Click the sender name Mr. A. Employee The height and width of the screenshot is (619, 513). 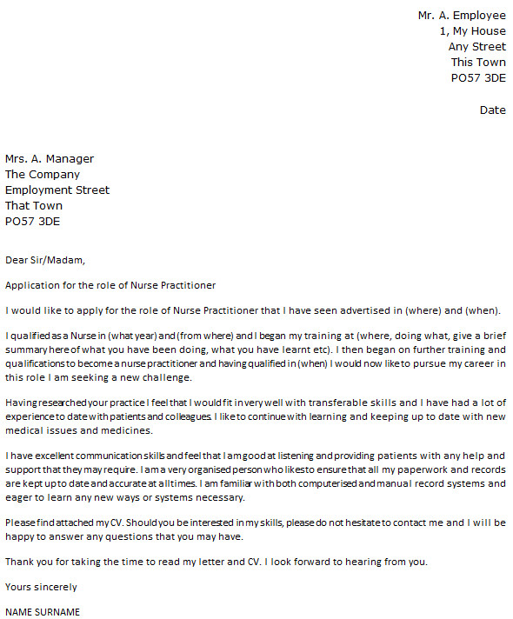pos(461,16)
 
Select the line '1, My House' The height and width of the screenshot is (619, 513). pos(472,31)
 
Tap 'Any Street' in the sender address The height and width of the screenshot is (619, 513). pos(476,47)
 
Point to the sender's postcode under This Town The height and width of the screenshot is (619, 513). pos(477,78)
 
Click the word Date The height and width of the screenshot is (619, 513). pos(492,110)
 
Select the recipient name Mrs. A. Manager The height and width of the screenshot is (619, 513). pos(50,159)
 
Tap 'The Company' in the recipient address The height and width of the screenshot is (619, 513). pos(43,175)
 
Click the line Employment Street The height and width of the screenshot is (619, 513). pos(57,190)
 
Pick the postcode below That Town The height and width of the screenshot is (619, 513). pos(33,222)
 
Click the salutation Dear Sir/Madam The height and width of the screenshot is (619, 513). pos(45,259)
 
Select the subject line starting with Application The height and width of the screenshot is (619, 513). pos(110,285)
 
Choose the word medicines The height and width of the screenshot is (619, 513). pos(128,431)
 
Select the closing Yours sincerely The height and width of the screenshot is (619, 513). pos(41,587)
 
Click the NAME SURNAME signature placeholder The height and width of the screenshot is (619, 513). pos(43,612)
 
